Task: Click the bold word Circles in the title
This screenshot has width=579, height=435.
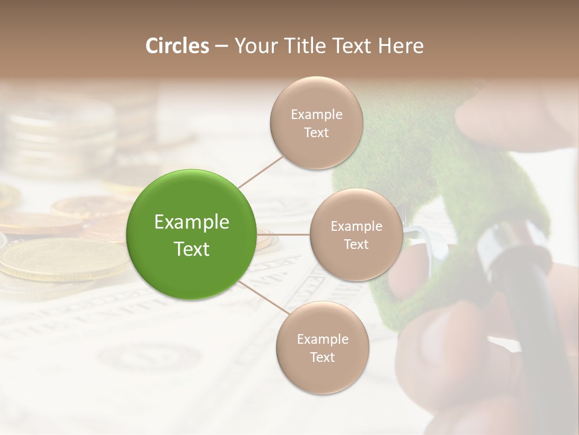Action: coord(178,46)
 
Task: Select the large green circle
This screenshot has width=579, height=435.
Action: coord(192,235)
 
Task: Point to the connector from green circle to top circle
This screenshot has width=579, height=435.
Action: coord(261,171)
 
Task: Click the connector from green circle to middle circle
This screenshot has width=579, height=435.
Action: coord(283,234)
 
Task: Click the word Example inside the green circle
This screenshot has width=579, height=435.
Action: coord(192,222)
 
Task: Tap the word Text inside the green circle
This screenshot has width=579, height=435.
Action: coord(192,249)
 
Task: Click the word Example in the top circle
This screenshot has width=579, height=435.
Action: coord(316,115)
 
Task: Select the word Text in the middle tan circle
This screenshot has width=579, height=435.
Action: coord(356,245)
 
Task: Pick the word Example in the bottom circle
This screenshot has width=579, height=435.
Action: coord(322,340)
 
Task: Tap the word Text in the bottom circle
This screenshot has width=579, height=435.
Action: coord(322,358)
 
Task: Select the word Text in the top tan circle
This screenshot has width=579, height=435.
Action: coord(316,133)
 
